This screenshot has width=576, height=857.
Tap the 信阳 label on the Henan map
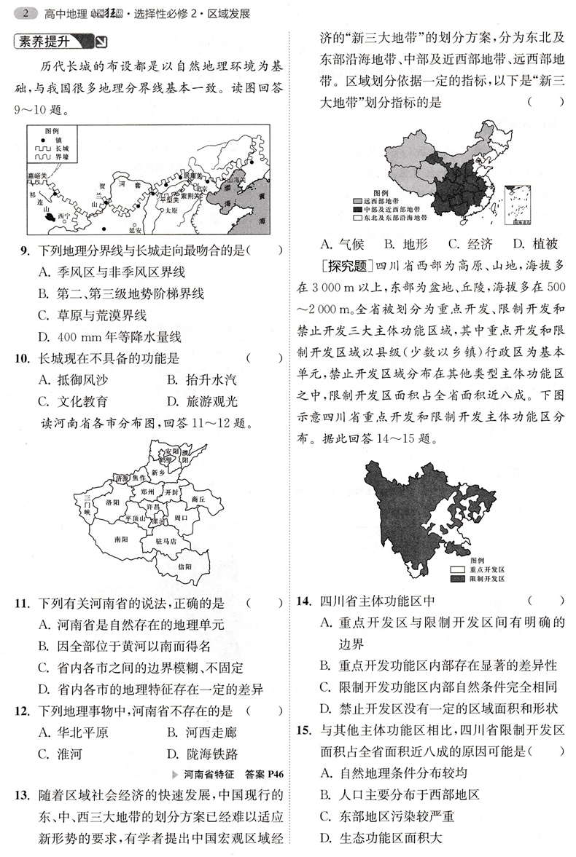point(184,566)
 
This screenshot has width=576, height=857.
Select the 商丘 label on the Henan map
point(198,499)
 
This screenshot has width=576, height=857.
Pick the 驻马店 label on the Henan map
point(167,542)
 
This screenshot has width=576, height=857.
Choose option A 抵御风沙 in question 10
point(73,379)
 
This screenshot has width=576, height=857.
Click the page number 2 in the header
point(26,13)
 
